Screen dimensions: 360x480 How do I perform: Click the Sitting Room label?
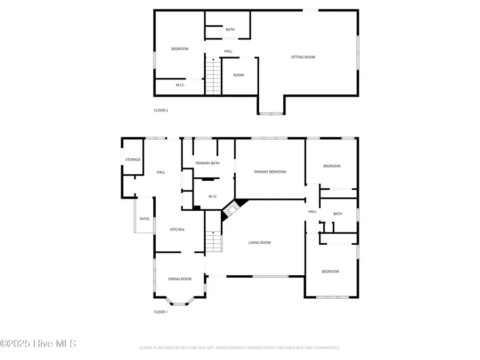[302, 57]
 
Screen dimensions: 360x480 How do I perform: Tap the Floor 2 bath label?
[230, 30]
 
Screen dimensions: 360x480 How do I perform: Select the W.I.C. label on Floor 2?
[180, 85]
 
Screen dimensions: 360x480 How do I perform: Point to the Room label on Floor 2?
[238, 75]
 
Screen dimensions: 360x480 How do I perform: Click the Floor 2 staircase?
[213, 77]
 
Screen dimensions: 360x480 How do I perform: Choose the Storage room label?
[133, 160]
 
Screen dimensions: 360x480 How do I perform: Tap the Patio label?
[145, 219]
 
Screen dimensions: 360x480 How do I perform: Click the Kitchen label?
[177, 230]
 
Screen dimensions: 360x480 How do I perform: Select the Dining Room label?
[180, 279]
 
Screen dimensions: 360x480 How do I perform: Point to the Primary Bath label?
[207, 163]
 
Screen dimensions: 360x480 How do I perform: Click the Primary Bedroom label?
[270, 172]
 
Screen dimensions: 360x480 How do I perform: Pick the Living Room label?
[260, 243]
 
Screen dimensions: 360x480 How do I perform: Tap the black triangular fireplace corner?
[242, 202]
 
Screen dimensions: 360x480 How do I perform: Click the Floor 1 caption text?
[161, 312]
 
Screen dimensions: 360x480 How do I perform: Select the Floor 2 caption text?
[161, 110]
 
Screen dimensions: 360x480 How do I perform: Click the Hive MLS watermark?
[38, 343]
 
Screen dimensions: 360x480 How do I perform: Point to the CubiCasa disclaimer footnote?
[239, 348]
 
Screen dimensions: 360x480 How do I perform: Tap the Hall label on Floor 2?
[228, 51]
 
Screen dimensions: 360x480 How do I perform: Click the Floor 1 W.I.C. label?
[213, 197]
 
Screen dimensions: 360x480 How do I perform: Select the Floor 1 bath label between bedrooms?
[338, 214]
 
